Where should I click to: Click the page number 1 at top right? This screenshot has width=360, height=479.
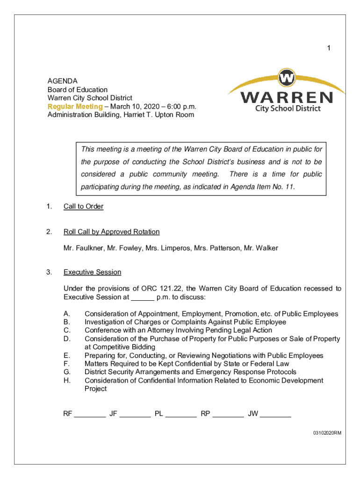point(329,48)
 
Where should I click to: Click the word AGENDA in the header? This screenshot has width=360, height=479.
point(62,81)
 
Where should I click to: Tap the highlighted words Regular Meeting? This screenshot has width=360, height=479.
point(75,106)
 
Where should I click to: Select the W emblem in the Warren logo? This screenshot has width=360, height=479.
point(287,77)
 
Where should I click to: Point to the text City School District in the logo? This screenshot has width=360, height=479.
point(288,109)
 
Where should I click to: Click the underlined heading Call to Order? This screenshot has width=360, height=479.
point(83,206)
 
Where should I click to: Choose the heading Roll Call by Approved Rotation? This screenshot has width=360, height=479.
point(111,232)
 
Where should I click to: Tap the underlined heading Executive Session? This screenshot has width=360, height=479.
point(92,272)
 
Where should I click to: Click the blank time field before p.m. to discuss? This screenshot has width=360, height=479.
point(143,298)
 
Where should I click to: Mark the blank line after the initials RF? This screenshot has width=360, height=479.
point(90,414)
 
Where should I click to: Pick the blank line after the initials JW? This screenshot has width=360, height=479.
point(275,414)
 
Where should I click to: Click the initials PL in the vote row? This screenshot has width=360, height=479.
point(159,414)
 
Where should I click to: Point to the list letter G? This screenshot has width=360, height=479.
point(67,372)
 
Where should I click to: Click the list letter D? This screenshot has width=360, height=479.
point(67,339)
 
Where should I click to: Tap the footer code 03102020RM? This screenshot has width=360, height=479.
point(327,433)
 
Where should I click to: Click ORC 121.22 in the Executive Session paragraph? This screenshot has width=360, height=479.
point(161,289)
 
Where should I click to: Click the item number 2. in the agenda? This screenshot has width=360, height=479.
point(49,232)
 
